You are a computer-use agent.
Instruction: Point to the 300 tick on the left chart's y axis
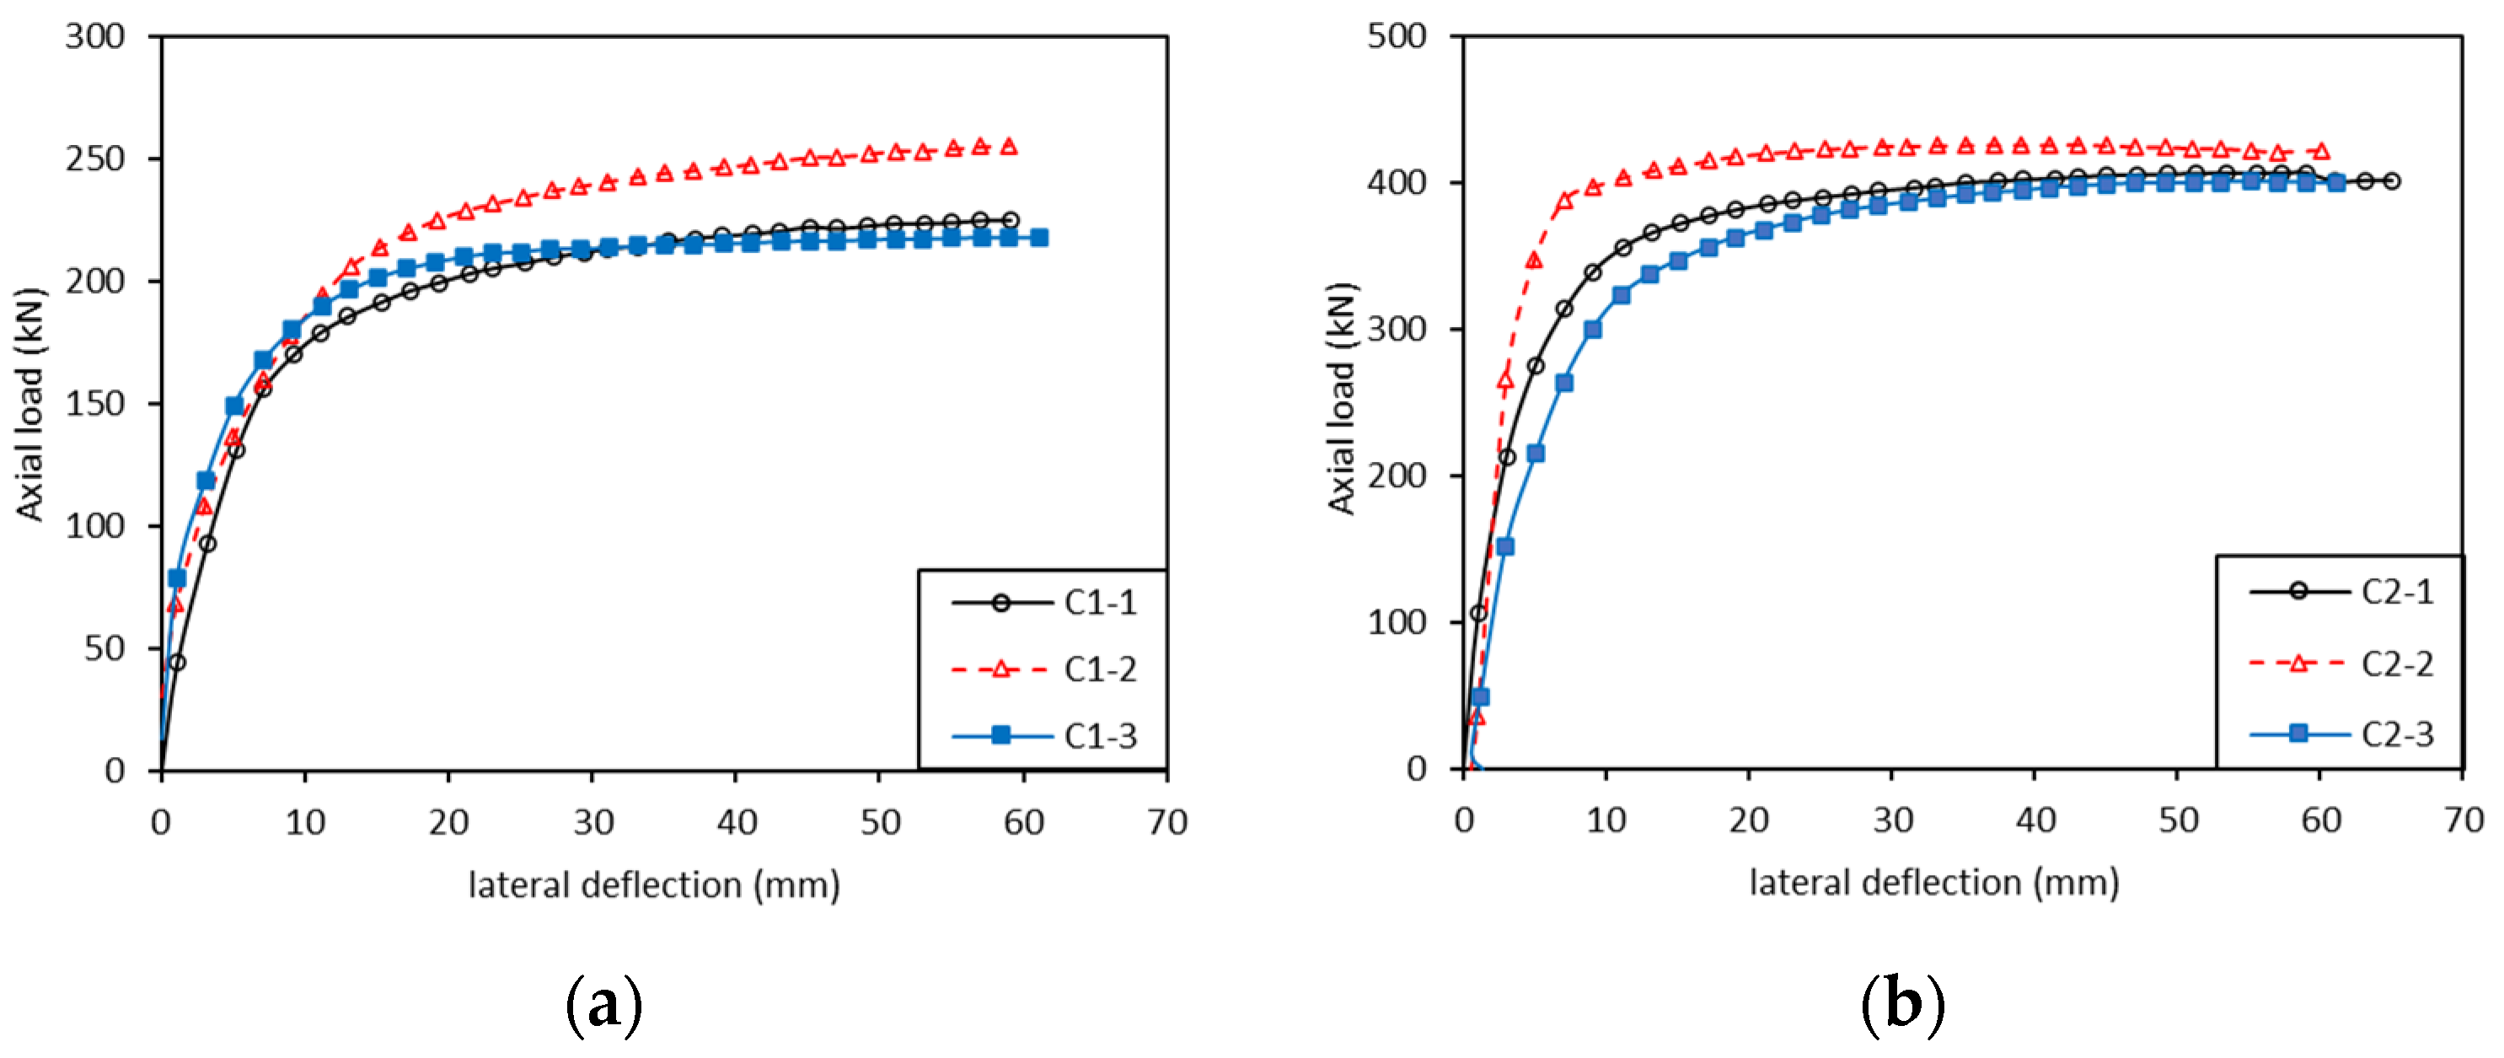click(x=95, y=37)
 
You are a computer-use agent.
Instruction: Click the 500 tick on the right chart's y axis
click(x=1397, y=37)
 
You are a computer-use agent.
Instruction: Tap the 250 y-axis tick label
click(x=95, y=158)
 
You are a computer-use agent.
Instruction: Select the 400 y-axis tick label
click(x=1397, y=183)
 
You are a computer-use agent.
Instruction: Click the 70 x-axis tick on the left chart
click(x=1166, y=823)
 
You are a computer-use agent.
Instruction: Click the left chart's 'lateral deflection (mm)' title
click(x=654, y=885)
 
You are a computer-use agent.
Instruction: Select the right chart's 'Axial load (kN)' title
click(x=1342, y=399)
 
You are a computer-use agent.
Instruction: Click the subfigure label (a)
click(x=603, y=1006)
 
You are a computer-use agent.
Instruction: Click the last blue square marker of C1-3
click(x=1038, y=237)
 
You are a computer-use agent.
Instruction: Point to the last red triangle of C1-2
click(x=1009, y=147)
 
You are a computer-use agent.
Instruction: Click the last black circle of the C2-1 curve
click(x=2392, y=181)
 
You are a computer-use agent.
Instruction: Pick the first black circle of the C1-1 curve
click(x=177, y=663)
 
